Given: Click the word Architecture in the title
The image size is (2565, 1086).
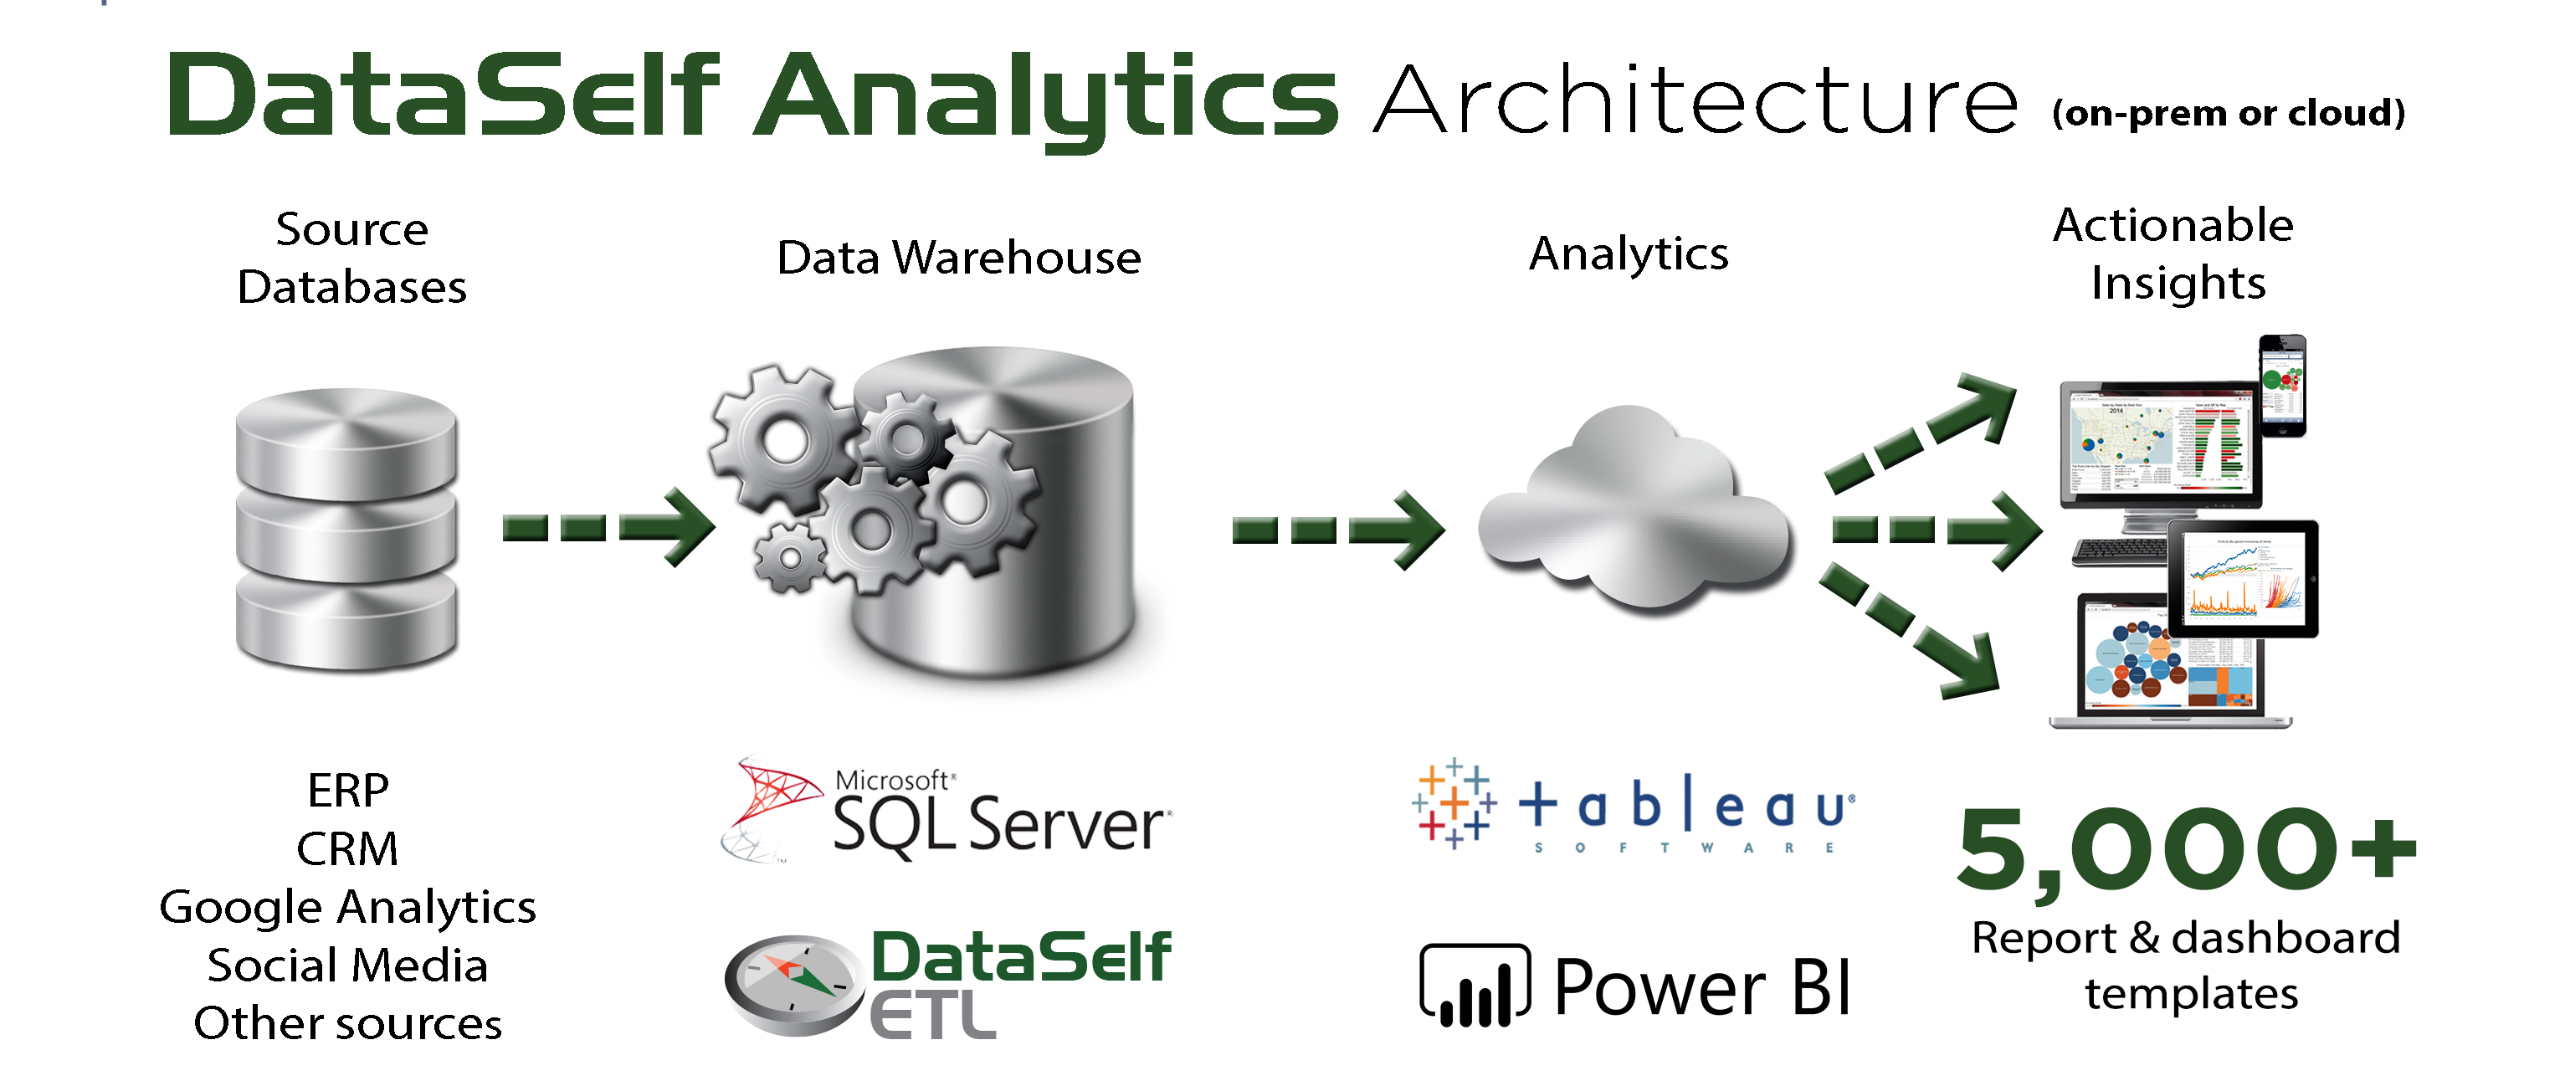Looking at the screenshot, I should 1695,100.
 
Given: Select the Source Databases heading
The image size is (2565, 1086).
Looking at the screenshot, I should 351,258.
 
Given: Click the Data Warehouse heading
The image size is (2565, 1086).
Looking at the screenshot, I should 958,257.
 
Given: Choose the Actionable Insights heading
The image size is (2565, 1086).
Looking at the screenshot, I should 2175,254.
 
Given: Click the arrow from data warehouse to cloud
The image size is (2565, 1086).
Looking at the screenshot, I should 1338,530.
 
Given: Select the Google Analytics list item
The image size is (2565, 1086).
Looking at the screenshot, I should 347,907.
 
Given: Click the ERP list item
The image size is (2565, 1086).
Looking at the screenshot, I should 347,791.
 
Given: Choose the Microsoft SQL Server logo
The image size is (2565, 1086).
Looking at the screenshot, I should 946,812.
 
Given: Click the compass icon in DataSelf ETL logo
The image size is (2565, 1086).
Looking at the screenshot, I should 793,982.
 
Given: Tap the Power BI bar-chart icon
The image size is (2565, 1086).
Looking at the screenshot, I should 1475,986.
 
